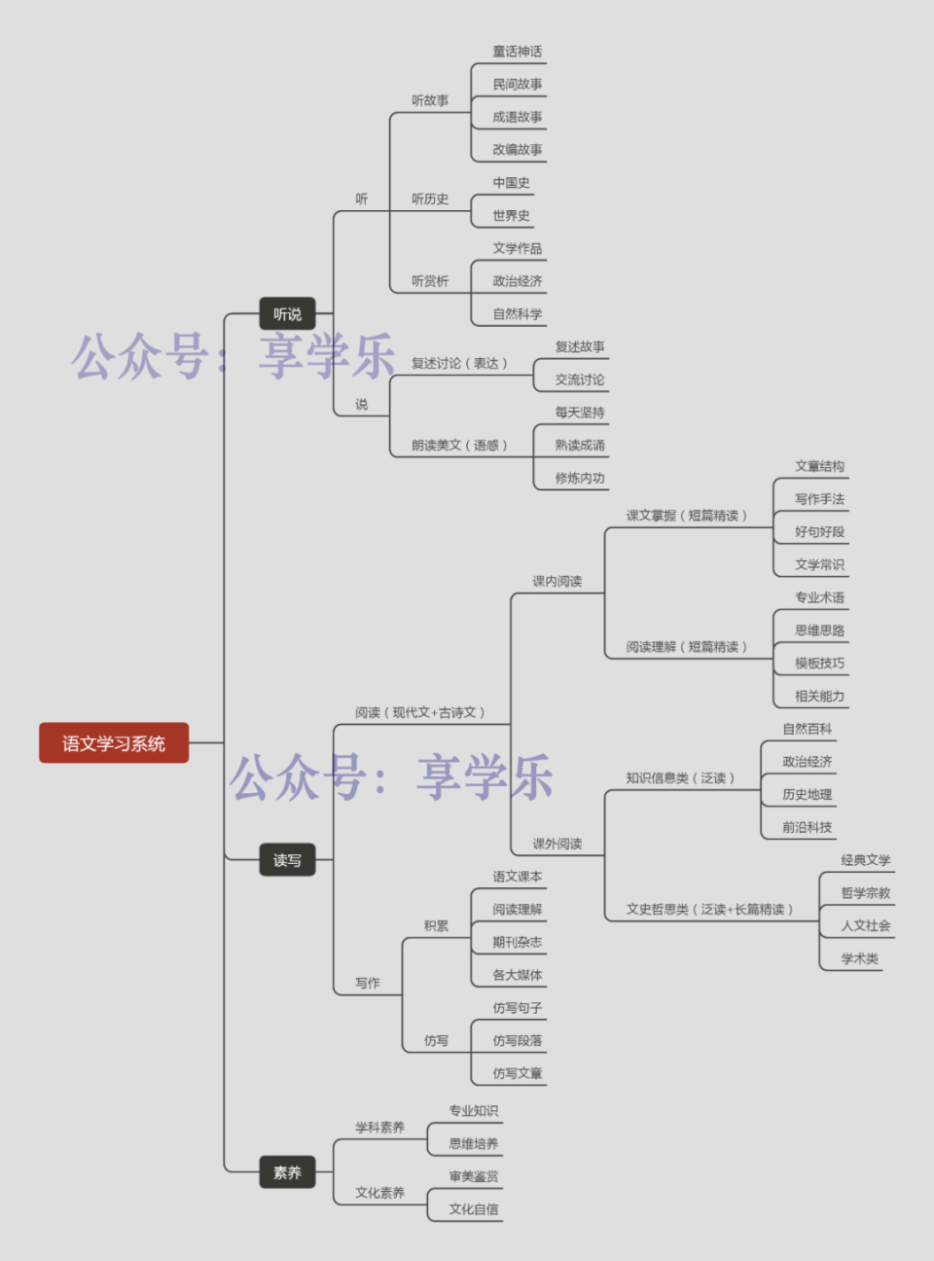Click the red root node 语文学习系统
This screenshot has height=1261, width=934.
pyautogui.click(x=114, y=743)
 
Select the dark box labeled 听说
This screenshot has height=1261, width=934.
pyautogui.click(x=287, y=314)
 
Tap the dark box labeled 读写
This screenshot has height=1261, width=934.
pyautogui.click(x=287, y=860)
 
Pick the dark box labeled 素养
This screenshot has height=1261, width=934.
pyautogui.click(x=287, y=1172)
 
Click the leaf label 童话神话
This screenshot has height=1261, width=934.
pyautogui.click(x=517, y=52)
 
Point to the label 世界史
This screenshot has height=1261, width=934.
pyautogui.click(x=511, y=216)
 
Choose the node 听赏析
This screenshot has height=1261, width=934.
pyautogui.click(x=429, y=281)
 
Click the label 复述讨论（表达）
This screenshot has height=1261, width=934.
pyautogui.click(x=459, y=363)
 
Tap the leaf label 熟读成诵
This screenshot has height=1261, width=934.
pyautogui.click(x=580, y=446)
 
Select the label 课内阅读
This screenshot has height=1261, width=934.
pyautogui.click(x=557, y=582)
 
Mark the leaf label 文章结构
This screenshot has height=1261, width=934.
pyautogui.click(x=819, y=467)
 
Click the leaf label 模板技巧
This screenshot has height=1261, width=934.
pyautogui.click(x=819, y=664)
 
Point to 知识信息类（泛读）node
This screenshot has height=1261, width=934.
pyautogui.click(x=680, y=778)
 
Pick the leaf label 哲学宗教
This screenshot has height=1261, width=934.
pyautogui.click(x=865, y=893)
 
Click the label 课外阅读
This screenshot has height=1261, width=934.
pyautogui.click(x=557, y=845)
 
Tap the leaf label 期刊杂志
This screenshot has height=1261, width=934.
pyautogui.click(x=517, y=943)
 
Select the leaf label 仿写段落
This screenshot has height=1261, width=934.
pyautogui.click(x=517, y=1041)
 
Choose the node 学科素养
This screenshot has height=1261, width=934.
pyautogui.click(x=379, y=1128)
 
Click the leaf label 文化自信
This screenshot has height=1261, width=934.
pyautogui.click(x=473, y=1209)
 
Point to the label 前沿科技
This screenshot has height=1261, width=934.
pyautogui.click(x=807, y=828)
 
